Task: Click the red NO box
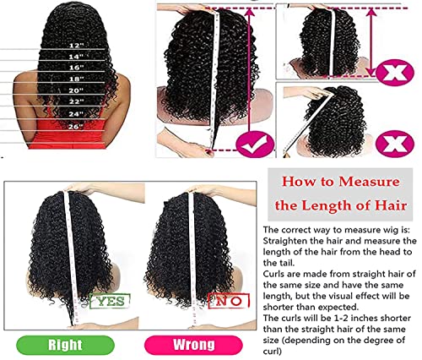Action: (x=226, y=300)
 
